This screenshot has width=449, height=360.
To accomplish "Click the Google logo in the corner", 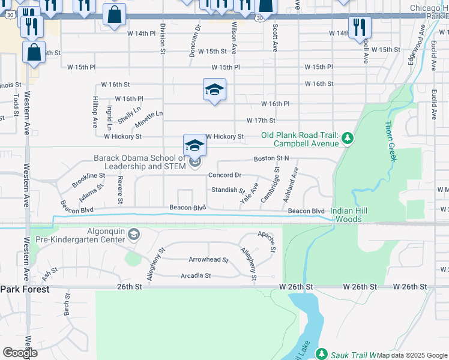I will [20, 353].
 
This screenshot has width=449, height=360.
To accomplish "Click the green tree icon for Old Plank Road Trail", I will [347, 139].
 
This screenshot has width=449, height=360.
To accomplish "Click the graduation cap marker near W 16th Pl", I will [214, 91].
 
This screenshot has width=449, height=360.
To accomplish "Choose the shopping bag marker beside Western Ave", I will [34, 52].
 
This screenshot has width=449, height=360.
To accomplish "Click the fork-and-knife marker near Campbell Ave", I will [360, 27].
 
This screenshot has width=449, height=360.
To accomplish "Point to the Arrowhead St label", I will [208, 260].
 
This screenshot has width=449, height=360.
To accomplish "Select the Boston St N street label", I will [271, 158].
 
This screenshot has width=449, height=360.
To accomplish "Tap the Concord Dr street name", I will [224, 175].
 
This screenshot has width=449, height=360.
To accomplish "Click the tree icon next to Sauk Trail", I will [321, 354].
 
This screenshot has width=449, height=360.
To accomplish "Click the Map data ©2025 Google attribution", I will [412, 355].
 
